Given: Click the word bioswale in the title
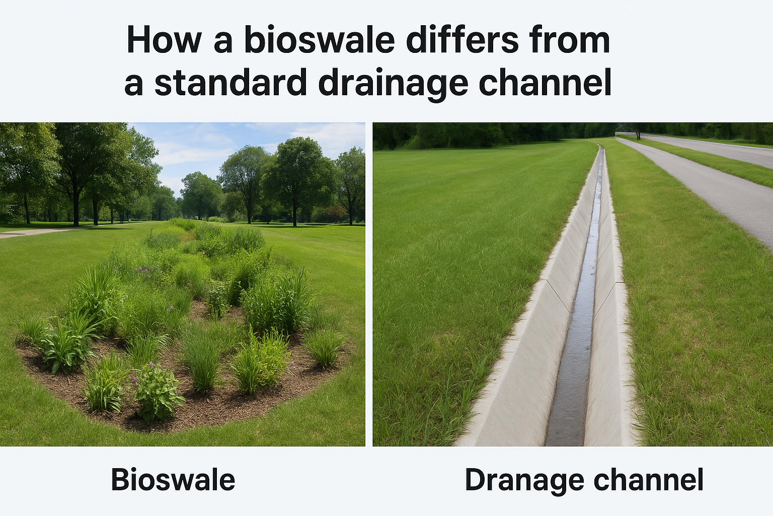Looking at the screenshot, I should click(x=319, y=40).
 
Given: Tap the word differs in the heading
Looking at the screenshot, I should click(x=462, y=40).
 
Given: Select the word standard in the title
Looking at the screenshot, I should click(x=230, y=83).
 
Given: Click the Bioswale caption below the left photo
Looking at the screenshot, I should click(x=173, y=480).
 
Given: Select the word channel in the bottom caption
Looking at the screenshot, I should click(x=648, y=480).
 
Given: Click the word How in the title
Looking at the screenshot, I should click(x=164, y=40).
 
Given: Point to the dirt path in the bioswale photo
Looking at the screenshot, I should click(x=30, y=232).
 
